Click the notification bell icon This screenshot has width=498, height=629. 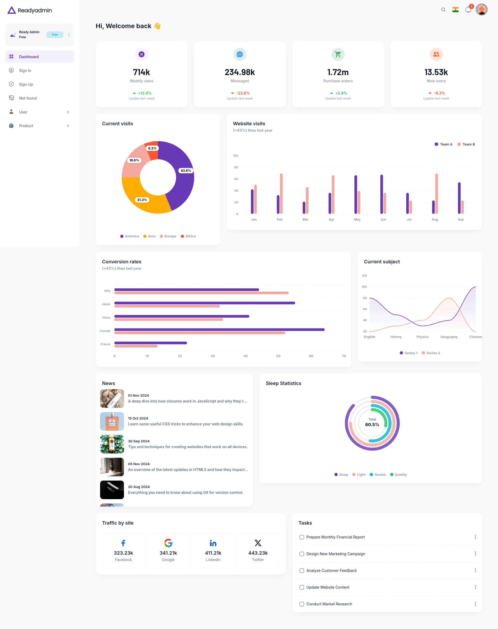click(468, 10)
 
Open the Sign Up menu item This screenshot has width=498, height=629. click(26, 84)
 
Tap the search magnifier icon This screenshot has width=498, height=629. click(443, 10)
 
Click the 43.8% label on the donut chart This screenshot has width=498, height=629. click(186, 170)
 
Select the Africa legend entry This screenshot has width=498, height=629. click(188, 236)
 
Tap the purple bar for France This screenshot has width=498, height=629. click(151, 343)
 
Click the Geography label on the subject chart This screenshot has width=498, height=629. click(449, 337)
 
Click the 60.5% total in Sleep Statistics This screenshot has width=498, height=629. click(372, 425)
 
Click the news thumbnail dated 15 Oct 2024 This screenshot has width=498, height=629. click(112, 421)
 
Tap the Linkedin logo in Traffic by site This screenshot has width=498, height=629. click(213, 543)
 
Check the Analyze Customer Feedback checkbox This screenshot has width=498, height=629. click(302, 571)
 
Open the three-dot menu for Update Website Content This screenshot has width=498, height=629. click(475, 587)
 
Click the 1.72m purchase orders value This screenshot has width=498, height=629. click(338, 72)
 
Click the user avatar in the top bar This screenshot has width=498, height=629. click(481, 10)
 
